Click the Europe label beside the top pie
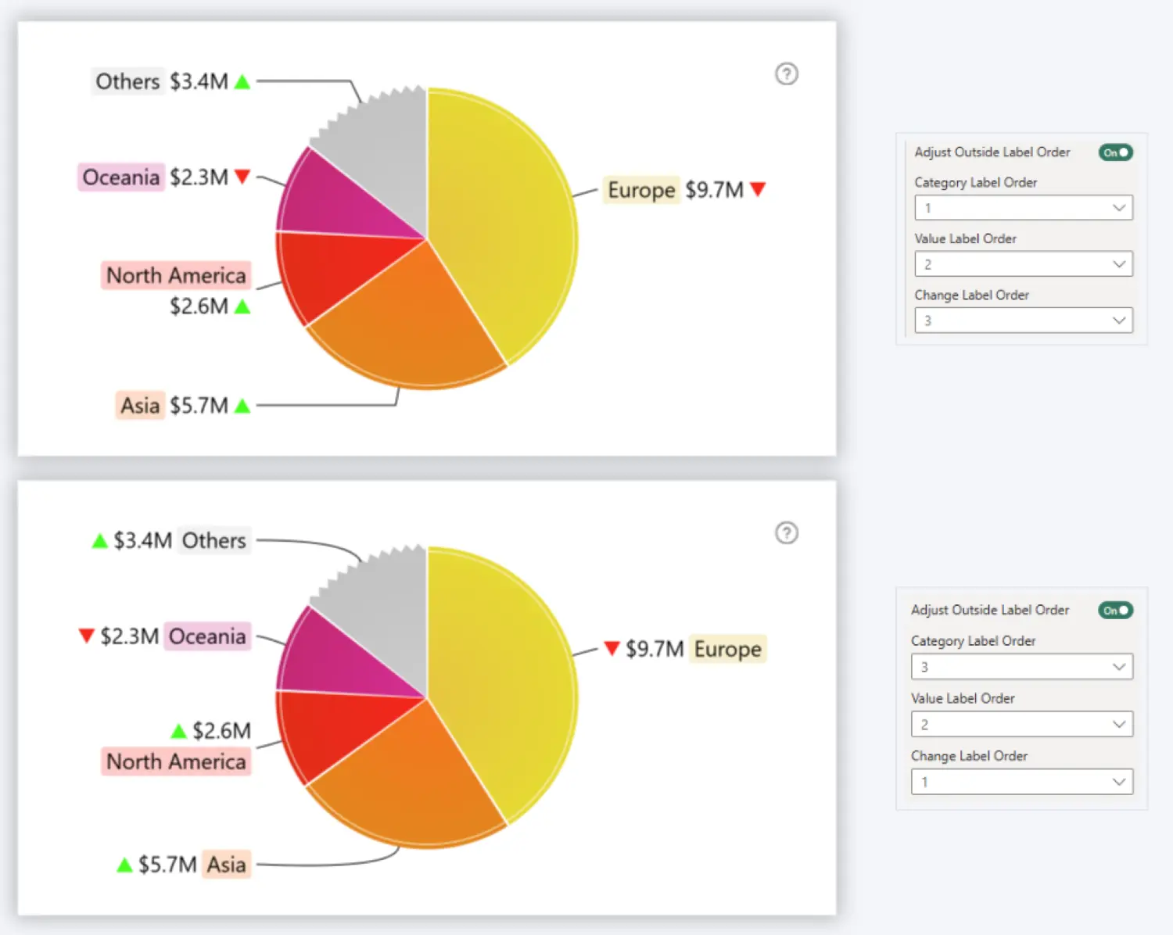click(x=641, y=190)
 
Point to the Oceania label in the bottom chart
click(x=207, y=636)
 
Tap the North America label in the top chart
click(x=176, y=275)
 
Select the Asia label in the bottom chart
click(x=227, y=865)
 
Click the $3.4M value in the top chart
click(x=199, y=81)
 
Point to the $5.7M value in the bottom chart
click(x=167, y=865)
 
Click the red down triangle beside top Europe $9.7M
click(x=757, y=189)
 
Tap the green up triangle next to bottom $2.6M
click(x=179, y=731)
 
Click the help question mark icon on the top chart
click(x=786, y=74)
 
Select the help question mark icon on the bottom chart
click(x=786, y=533)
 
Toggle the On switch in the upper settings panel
click(x=1115, y=152)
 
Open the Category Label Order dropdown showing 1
click(x=1023, y=208)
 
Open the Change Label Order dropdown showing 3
click(x=1023, y=321)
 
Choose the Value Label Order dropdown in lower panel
click(x=1021, y=725)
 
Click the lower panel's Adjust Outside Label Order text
click(x=989, y=610)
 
